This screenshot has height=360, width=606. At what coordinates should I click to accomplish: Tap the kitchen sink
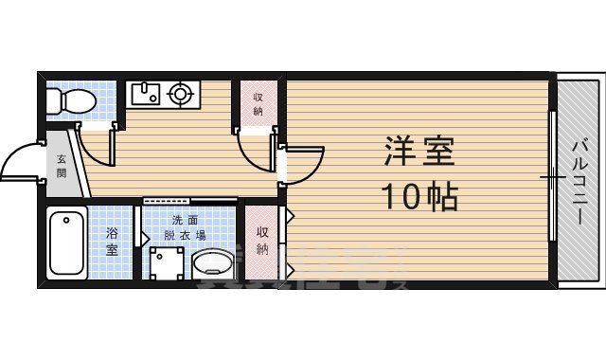pyautogui.click(x=145, y=93)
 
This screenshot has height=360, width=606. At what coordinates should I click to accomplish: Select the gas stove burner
pyautogui.click(x=179, y=93)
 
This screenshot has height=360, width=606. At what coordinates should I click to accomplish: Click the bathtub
pyautogui.click(x=67, y=243)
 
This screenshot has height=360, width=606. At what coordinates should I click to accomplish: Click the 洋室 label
pyautogui.click(x=419, y=151)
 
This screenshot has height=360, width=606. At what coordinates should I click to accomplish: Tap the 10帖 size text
pyautogui.click(x=419, y=196)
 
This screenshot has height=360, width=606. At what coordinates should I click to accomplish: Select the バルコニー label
pyautogui.click(x=579, y=179)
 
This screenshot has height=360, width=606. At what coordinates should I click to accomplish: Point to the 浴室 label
pyautogui.click(x=112, y=242)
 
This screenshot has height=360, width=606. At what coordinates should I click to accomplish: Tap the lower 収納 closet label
pyautogui.click(x=262, y=242)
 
